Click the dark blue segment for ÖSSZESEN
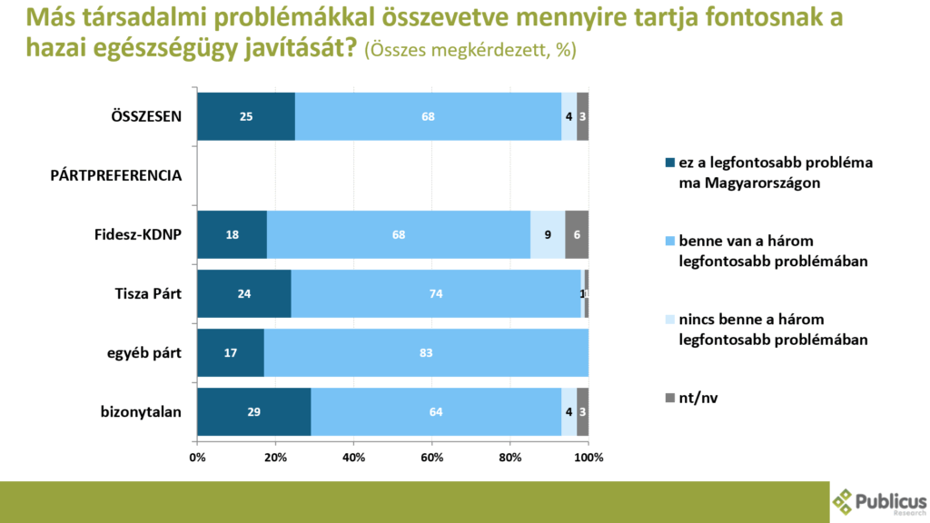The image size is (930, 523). [246, 116]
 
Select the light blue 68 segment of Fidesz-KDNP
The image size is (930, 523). [399, 234]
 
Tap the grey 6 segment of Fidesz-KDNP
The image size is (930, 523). [577, 234]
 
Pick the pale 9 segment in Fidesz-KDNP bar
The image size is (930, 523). [548, 234]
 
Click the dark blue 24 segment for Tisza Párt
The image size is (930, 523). [244, 293]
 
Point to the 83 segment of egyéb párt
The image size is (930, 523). [426, 352]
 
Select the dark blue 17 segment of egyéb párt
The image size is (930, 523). [231, 352]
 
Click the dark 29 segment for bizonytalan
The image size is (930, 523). [254, 411]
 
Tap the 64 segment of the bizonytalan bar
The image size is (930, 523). [436, 411]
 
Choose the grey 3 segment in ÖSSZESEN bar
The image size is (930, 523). [582, 116]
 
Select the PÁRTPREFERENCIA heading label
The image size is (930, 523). [116, 175]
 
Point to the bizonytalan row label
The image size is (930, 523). [141, 411]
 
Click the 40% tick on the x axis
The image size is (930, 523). [353, 457]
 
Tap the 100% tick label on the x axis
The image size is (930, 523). [589, 457]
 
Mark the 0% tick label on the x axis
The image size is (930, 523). [197, 457]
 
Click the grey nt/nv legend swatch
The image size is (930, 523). [670, 397]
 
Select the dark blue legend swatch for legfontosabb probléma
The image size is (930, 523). [670, 163]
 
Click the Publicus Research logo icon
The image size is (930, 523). [844, 500]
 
